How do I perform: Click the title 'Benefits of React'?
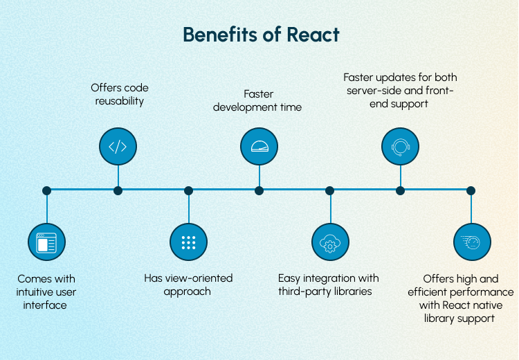coord(261,35)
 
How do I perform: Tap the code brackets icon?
coord(118,146)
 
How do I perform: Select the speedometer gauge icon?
coord(259,146)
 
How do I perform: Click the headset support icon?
coord(400,146)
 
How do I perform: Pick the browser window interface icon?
coord(46,242)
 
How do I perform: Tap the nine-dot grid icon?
coord(188,242)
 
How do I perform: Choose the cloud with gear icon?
coord(329,242)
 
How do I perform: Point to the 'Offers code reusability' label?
coord(120,95)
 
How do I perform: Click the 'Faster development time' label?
coord(257,100)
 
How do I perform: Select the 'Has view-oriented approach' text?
coord(188,285)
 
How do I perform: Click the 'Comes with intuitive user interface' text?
coord(46,291)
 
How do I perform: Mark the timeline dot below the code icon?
coord(118,190)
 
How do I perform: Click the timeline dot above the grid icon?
coord(188,190)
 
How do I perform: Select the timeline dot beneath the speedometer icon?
coord(259,190)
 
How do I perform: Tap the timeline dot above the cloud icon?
coord(329,190)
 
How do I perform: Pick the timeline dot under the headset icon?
coord(400,190)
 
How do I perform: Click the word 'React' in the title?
coord(312,35)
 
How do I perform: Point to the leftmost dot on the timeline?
coord(46,190)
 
